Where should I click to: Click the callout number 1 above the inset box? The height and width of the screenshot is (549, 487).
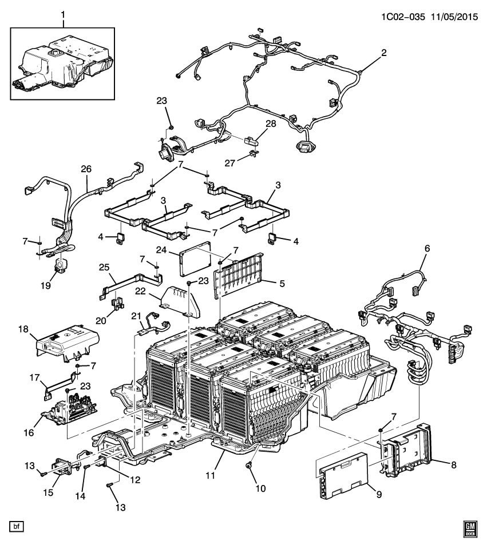click(63, 13)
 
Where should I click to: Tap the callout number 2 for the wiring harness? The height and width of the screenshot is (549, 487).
click(384, 53)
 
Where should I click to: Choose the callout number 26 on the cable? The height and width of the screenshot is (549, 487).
click(86, 170)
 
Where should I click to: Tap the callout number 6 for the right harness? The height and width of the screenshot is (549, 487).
click(427, 248)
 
